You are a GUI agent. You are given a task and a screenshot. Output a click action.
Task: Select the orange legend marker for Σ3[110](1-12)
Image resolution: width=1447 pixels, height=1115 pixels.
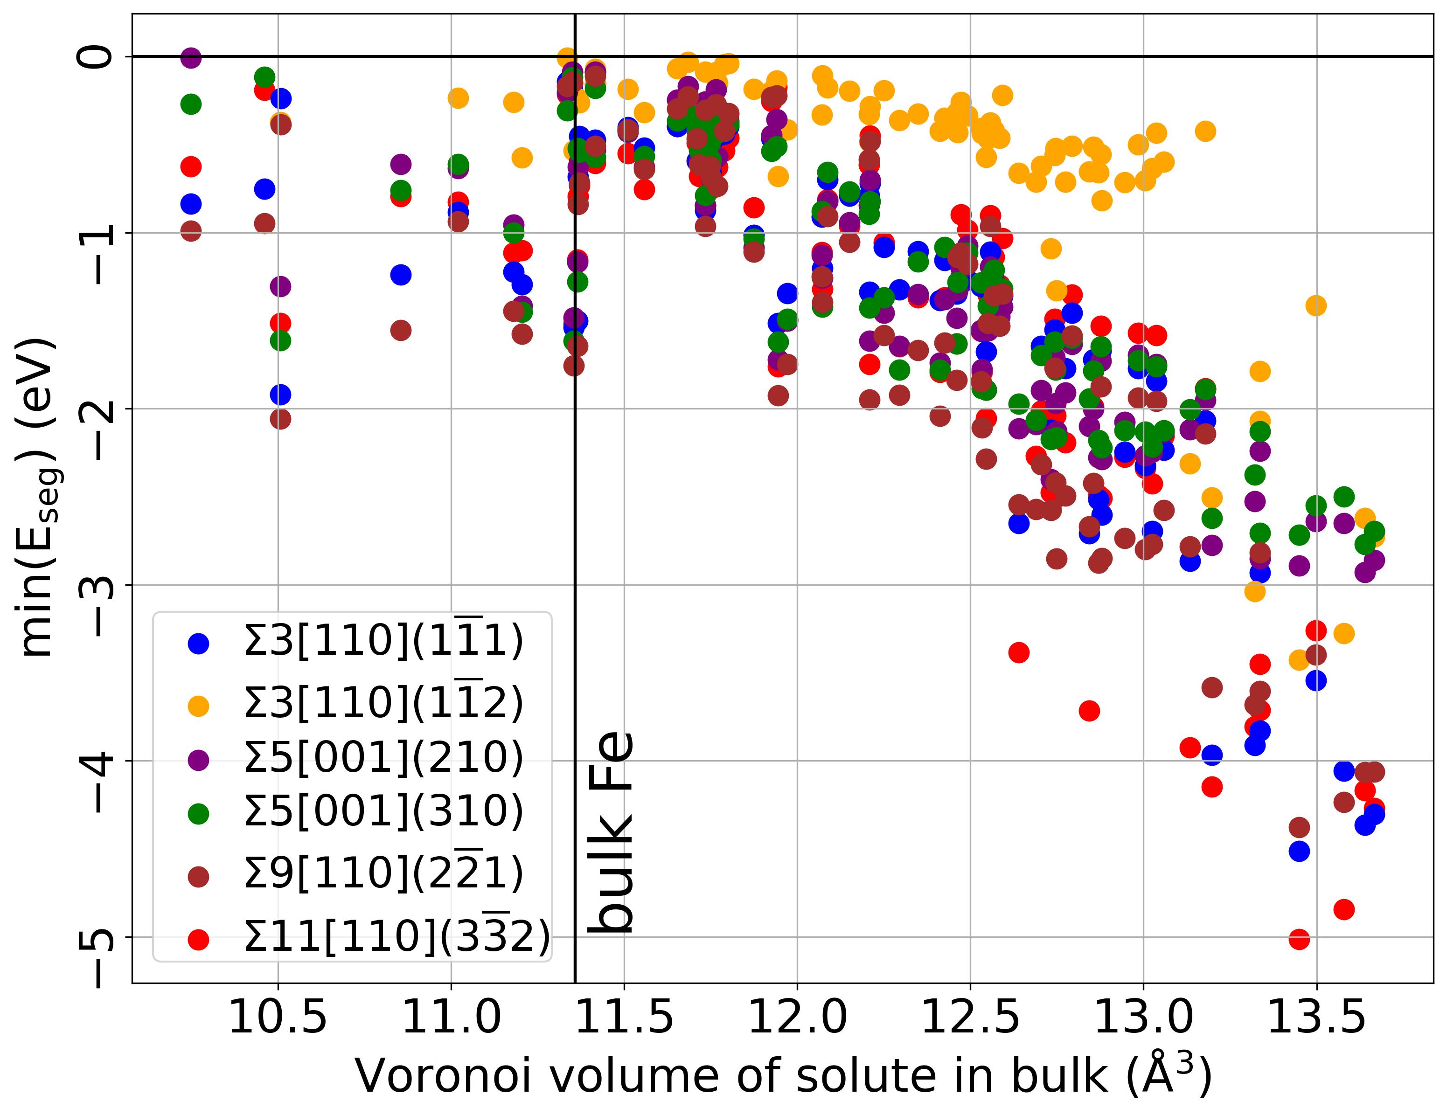point(198,706)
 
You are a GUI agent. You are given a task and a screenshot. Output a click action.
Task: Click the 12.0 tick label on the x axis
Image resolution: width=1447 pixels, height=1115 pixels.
point(797,1018)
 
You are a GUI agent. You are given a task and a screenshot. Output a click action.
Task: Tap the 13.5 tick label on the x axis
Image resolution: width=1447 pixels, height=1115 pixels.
point(1316,1018)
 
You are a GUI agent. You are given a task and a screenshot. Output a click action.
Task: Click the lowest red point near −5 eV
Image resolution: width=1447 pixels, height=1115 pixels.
point(1299,939)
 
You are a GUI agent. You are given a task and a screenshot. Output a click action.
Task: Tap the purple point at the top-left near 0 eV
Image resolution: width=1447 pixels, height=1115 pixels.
point(190,58)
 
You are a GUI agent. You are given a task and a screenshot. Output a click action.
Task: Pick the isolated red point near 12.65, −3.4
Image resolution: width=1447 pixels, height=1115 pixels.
point(1018,652)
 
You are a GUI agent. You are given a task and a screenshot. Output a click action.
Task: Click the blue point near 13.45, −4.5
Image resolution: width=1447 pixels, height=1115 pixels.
point(1299,851)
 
